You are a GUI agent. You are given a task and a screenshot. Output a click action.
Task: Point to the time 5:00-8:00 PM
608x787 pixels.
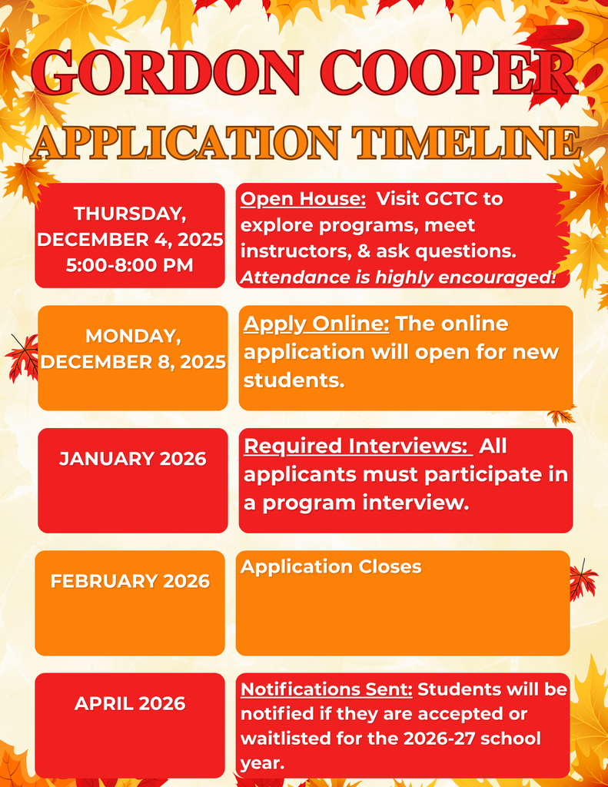130,265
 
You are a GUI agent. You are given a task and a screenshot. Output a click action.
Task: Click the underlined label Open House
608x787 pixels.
303,199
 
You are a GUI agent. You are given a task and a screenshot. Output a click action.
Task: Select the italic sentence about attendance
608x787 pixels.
397,277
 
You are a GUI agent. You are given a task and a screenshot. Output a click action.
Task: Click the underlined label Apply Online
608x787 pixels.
316,324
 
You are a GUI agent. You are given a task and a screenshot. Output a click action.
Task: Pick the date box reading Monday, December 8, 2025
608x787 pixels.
133,357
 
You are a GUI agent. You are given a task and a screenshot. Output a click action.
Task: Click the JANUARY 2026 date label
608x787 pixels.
133,459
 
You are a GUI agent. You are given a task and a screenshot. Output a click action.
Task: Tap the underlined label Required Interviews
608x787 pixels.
357,447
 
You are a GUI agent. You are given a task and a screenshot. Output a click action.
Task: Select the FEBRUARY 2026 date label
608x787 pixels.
130,581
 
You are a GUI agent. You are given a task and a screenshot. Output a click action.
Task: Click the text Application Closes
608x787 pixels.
331,567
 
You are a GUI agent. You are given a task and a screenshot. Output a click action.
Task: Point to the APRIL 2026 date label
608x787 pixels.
130,703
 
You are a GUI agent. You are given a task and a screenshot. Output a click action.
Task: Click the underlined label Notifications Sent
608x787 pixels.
327,689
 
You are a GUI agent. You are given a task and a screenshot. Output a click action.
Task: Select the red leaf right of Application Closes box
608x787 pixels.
583,580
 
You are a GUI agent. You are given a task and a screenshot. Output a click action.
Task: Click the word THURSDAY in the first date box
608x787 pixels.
130,213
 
